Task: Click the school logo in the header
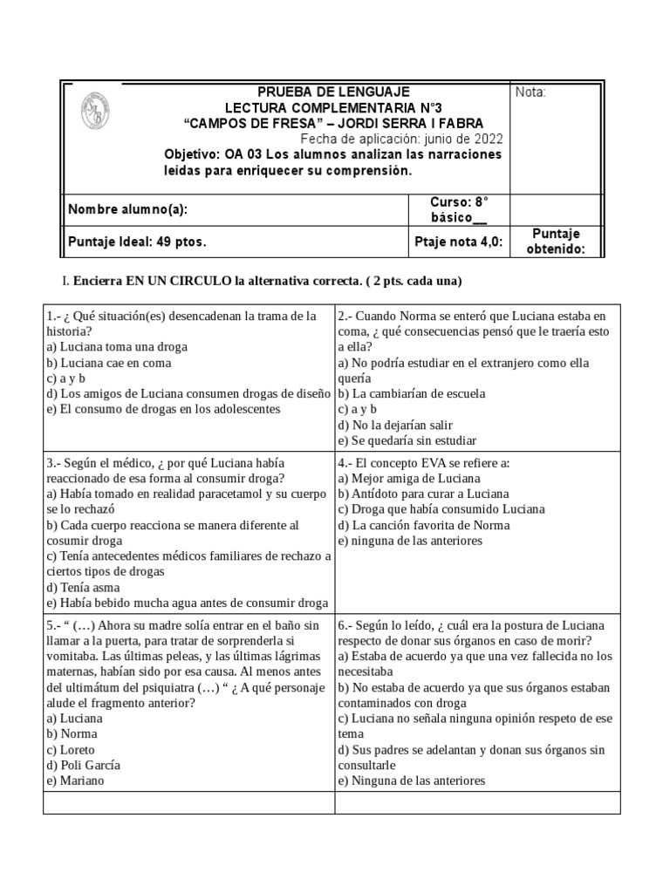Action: click(95, 113)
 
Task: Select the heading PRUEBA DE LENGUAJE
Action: click(333, 92)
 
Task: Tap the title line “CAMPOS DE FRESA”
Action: click(333, 123)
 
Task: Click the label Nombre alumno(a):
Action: click(127, 209)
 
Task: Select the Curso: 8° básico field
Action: click(459, 209)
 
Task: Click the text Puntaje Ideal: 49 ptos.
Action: click(137, 242)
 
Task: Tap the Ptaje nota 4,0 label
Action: click(459, 242)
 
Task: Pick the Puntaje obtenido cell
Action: click(556, 242)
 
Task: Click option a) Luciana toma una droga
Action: click(117, 347)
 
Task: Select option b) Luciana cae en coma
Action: click(110, 363)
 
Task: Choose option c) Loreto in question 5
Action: click(72, 749)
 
